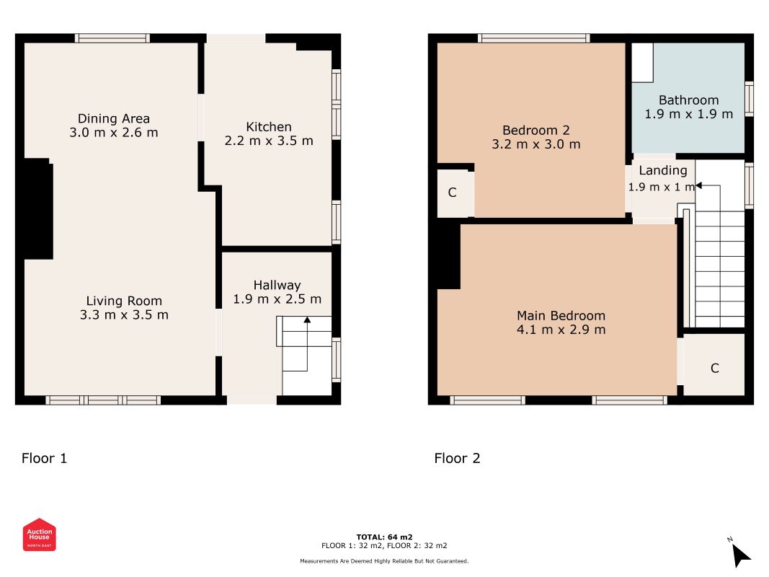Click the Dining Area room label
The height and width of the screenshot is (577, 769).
[x=114, y=119]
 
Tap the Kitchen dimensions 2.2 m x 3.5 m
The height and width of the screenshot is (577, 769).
[x=269, y=141]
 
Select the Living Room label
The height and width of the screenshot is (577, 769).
[x=124, y=301]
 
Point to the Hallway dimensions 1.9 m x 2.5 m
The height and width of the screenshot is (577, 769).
[x=277, y=299]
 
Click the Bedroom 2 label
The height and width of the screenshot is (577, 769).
[x=536, y=131]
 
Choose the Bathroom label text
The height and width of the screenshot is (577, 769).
[x=688, y=100]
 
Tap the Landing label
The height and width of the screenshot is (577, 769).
[x=662, y=170]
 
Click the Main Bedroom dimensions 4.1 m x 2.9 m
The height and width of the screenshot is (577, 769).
[x=561, y=329]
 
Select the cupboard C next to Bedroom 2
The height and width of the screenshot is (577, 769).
[x=452, y=193]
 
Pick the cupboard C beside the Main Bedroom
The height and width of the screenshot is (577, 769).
[x=714, y=368]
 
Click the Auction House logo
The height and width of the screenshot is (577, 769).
[x=39, y=534]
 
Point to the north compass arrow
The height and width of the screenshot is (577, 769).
[x=741, y=555]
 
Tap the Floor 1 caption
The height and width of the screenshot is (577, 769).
[x=44, y=458]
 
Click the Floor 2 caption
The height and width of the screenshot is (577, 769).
[x=457, y=458]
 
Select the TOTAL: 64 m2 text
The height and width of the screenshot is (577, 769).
[x=384, y=537]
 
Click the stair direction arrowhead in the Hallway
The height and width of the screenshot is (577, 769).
[x=307, y=320]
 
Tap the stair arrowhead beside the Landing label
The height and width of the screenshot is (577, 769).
[x=698, y=185]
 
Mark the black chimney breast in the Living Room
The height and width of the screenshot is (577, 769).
[x=38, y=209]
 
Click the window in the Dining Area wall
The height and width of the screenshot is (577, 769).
[x=112, y=38]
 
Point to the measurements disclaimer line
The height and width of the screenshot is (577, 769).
[x=384, y=561]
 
